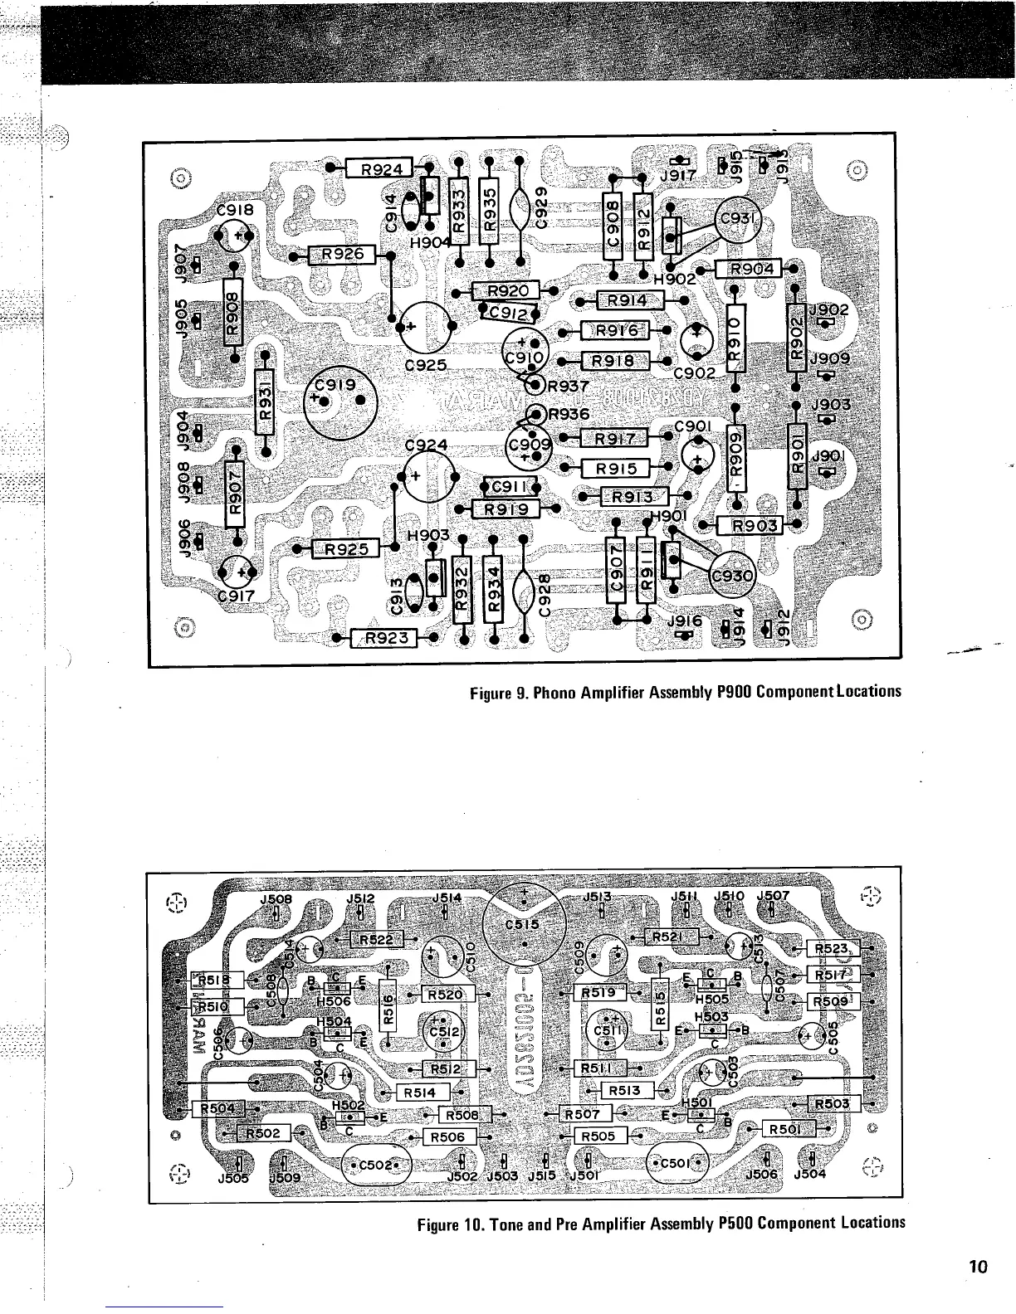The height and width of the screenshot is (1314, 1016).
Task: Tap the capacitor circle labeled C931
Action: (740, 219)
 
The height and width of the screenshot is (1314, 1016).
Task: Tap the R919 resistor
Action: (506, 509)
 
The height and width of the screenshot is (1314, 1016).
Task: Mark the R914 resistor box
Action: (633, 300)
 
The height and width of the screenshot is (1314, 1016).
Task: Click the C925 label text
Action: (427, 365)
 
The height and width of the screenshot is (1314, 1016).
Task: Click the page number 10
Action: (977, 1267)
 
